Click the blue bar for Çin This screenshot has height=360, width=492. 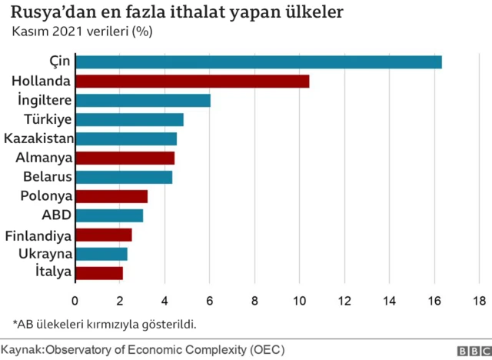pos(259,62)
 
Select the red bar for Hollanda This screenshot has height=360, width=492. pos(193,81)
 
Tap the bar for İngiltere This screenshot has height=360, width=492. pos(143,100)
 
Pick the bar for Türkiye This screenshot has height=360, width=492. pos(130,119)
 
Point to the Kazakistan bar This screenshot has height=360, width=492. pos(126,138)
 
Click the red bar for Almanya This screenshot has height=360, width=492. pos(125,158)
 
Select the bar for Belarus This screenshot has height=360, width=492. pos(124,177)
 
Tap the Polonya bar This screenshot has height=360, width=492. pos(111,196)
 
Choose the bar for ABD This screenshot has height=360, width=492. pos(109,215)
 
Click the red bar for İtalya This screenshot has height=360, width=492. pos(99,272)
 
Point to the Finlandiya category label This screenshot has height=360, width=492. pos(38,235)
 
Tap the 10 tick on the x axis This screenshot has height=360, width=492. pos(300,300)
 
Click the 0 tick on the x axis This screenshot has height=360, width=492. pos(75,300)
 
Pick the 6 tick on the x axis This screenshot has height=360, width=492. pos(210,300)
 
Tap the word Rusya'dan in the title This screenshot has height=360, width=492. pos(55,13)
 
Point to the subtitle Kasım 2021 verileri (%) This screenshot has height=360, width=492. pos(81,32)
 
